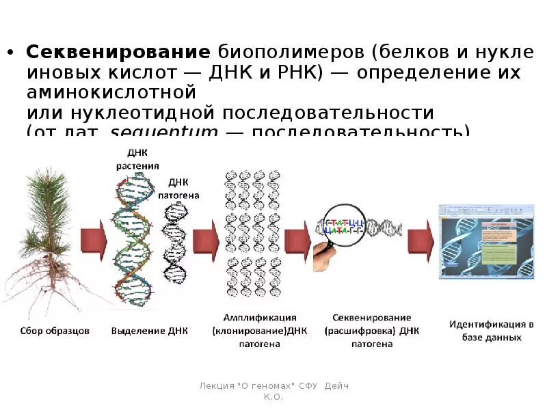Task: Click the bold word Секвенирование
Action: [x=118, y=52]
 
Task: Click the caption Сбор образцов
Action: [x=53, y=331]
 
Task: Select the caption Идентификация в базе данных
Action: [x=491, y=330]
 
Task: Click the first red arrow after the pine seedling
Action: [x=93, y=239]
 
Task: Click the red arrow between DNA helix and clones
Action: [x=206, y=239]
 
